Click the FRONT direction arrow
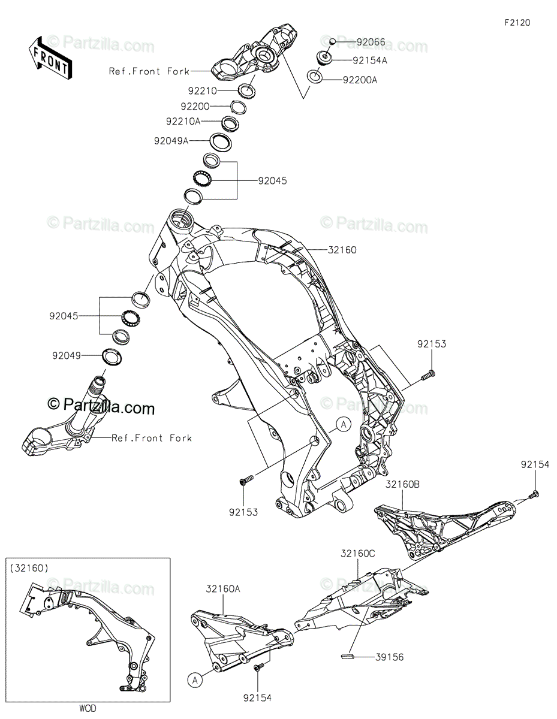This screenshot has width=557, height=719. click(x=49, y=58)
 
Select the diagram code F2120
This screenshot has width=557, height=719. click(x=517, y=23)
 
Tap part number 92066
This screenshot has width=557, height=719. click(x=371, y=43)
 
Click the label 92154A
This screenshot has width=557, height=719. click(x=370, y=60)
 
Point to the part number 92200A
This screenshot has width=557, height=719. click(x=360, y=80)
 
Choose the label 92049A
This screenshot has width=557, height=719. click(x=171, y=141)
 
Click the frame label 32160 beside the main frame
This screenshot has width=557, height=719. click(x=342, y=250)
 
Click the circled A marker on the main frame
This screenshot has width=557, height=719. click(x=342, y=424)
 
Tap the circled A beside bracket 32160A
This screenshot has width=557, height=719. click(x=194, y=679)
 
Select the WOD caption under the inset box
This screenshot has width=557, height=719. click(x=87, y=708)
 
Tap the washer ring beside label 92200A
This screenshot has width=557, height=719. click(x=314, y=77)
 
